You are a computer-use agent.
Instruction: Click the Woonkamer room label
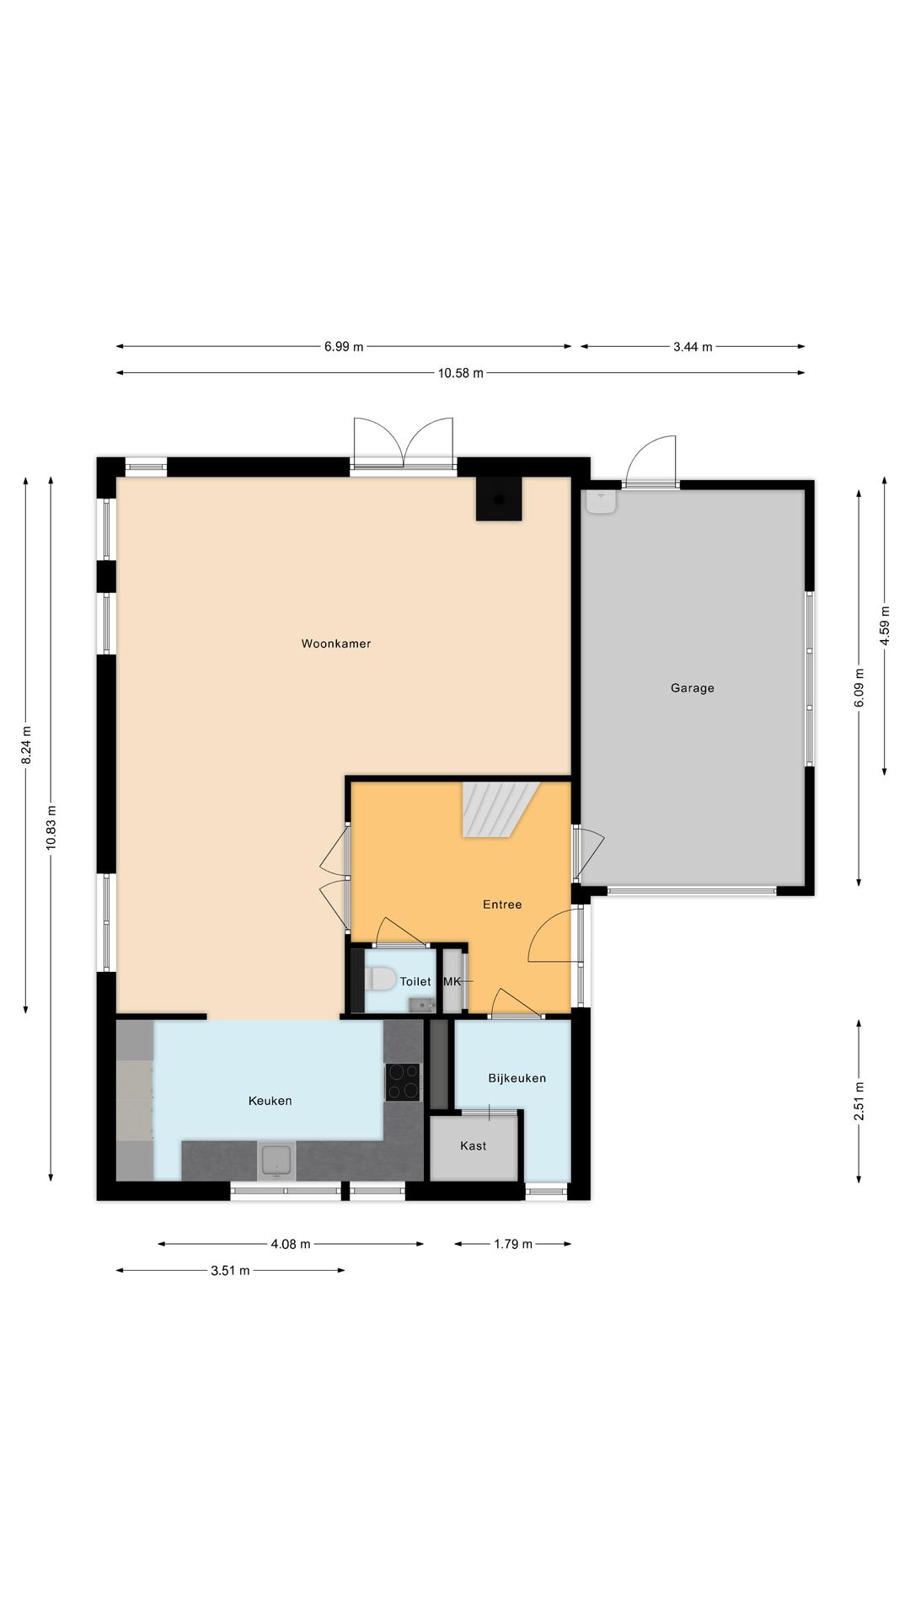(336, 643)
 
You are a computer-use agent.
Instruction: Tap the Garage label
(693, 688)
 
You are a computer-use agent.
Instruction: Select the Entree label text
(502, 905)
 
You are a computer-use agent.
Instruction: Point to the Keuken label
(270, 1101)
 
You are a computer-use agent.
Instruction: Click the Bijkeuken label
(517, 1078)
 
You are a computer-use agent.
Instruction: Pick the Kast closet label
(474, 1145)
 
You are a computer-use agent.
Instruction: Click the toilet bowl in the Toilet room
(380, 979)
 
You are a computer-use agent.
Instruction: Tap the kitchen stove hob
(403, 1082)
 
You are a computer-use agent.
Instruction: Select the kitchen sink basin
(276, 1160)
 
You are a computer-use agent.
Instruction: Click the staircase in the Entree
(500, 809)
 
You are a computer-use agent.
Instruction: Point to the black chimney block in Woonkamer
(499, 499)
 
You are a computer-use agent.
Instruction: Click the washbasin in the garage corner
(601, 501)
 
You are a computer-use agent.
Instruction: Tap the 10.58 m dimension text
(461, 373)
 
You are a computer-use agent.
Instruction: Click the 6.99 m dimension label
(344, 346)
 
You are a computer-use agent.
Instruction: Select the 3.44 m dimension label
(693, 346)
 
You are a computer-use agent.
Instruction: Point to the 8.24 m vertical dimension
(26, 744)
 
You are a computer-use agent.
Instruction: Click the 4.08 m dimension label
(291, 1244)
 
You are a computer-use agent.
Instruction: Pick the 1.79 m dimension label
(513, 1244)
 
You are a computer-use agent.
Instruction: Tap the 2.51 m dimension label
(859, 1102)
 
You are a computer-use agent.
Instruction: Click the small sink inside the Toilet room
(421, 1004)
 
